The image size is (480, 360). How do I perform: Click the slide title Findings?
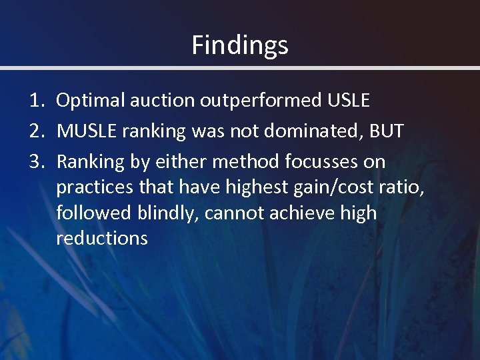[x=240, y=45]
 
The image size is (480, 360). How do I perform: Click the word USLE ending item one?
[x=348, y=101]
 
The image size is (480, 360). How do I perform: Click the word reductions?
[x=102, y=238]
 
